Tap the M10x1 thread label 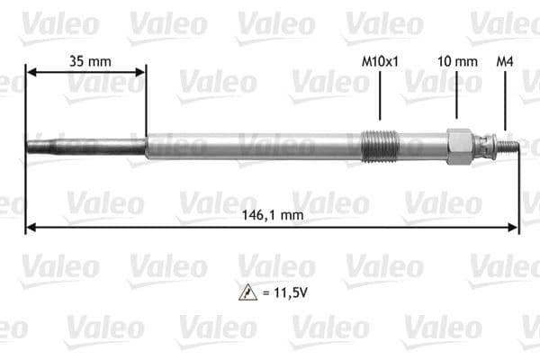(379, 61)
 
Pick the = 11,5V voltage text (283, 292)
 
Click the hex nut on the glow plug (460, 145)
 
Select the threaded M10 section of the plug (377, 145)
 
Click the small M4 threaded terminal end (511, 145)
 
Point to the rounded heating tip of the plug (30, 145)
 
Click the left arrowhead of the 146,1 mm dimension (30, 228)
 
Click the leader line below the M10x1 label (379, 94)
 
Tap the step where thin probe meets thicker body (146, 145)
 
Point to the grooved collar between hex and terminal (487, 145)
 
